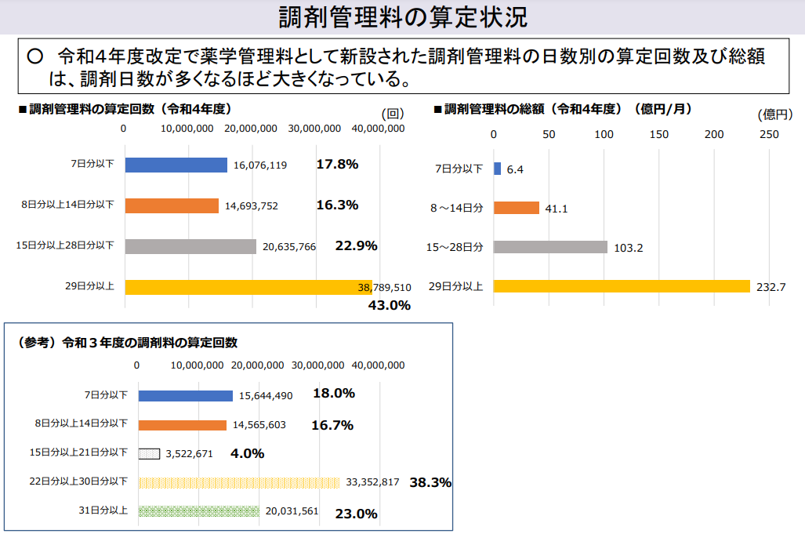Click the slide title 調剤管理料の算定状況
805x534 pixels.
pyautogui.click(x=402, y=16)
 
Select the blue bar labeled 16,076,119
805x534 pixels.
pyautogui.click(x=176, y=165)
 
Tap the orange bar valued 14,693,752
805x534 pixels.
pyautogui.click(x=172, y=206)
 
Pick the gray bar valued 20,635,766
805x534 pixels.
pyautogui.click(x=190, y=246)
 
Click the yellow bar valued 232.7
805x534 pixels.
pyautogui.click(x=622, y=286)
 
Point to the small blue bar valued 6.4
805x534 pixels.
pyautogui.click(x=497, y=169)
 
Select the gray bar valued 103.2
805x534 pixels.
pyautogui.click(x=550, y=247)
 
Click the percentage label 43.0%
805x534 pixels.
pyautogui.click(x=390, y=305)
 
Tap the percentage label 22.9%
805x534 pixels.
pyautogui.click(x=356, y=245)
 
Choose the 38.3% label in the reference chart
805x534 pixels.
pyautogui.click(x=430, y=483)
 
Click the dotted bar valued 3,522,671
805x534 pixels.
pyautogui.click(x=150, y=453)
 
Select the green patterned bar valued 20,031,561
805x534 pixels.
pyautogui.click(x=199, y=511)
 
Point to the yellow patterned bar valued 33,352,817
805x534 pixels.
pyautogui.click(x=239, y=482)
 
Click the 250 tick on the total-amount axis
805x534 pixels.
pyautogui.click(x=769, y=134)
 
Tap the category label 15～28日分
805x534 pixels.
pyautogui.click(x=455, y=247)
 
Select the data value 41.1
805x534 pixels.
pyautogui.click(x=556, y=209)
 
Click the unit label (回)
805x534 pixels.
pyautogui.click(x=392, y=114)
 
